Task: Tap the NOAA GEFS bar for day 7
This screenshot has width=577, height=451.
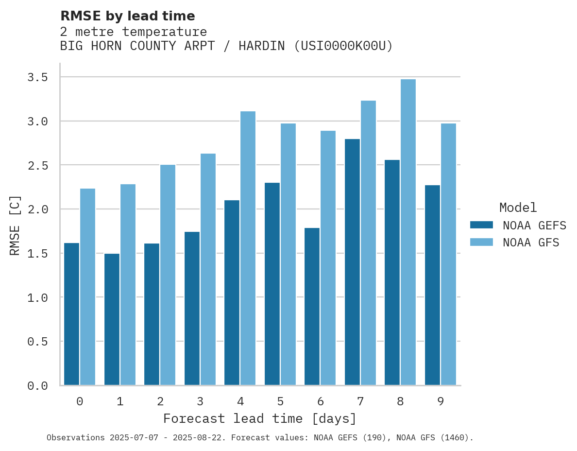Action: point(352,262)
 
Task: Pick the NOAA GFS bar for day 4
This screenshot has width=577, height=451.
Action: point(248,248)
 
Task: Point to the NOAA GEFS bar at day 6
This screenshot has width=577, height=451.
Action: point(312,306)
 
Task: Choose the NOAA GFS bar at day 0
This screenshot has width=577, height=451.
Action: point(87,287)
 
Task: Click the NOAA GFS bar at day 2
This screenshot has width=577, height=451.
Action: point(168,275)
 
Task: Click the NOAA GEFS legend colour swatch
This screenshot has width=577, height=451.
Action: point(481,225)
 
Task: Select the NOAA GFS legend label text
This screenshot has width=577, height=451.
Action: point(531,243)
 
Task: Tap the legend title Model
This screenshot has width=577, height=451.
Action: point(518,208)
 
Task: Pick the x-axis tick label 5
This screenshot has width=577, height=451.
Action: point(280,401)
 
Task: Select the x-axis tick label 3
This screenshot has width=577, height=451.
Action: point(200,401)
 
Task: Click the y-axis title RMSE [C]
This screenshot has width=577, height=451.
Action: point(15,225)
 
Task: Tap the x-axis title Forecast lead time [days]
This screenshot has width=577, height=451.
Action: point(260,418)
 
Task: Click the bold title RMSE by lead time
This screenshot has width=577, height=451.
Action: point(127,16)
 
